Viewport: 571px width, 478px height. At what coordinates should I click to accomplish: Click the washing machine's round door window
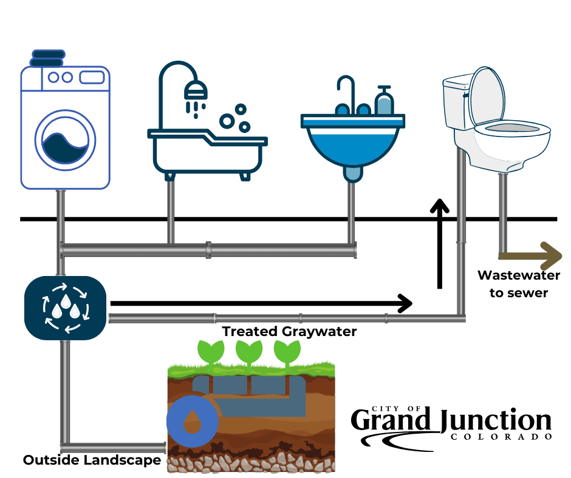tap(65, 141)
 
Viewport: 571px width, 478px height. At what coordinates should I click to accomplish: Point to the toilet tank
tap(457, 103)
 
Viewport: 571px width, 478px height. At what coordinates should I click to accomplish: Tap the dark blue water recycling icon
tap(66, 308)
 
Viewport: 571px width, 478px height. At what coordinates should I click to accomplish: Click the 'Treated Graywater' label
tap(289, 331)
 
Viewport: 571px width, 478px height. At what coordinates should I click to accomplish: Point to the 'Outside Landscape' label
tap(92, 460)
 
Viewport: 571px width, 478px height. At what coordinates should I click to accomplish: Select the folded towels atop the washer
tap(47, 58)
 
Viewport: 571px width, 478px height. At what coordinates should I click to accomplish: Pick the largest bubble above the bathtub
tap(227, 121)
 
